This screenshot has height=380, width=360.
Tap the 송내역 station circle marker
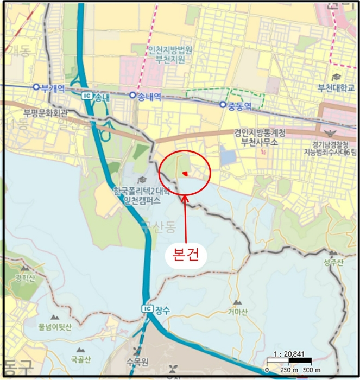tap(132, 95)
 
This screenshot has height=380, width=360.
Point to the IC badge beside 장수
tap(147, 308)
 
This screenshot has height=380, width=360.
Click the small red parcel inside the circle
tap(185, 173)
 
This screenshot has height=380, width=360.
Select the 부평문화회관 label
tap(46, 113)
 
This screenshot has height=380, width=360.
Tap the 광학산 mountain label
tap(25, 278)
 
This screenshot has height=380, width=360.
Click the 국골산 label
tap(81, 359)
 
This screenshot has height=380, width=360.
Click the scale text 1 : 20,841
tap(288, 353)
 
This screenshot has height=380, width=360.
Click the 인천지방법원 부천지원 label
tap(170, 53)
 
